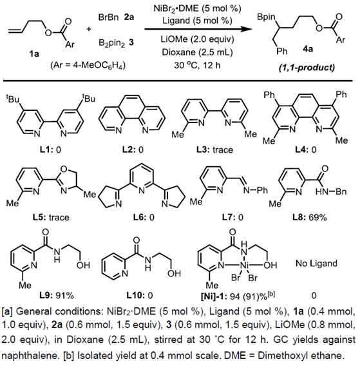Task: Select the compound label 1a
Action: [34, 54]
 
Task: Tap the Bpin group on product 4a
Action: [266, 17]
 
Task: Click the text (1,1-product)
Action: [307, 68]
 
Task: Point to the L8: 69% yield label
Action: [310, 218]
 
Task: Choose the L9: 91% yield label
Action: [57, 296]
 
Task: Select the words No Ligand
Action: [316, 264]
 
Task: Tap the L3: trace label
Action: [215, 150]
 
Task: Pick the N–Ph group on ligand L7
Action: [256, 190]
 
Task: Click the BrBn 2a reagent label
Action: [116, 17]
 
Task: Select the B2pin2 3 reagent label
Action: [116, 43]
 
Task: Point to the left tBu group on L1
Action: [13, 99]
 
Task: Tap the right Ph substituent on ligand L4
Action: [341, 94]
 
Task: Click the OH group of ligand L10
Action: [174, 273]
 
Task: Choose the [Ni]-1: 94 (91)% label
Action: [238, 296]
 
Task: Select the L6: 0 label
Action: [144, 218]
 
